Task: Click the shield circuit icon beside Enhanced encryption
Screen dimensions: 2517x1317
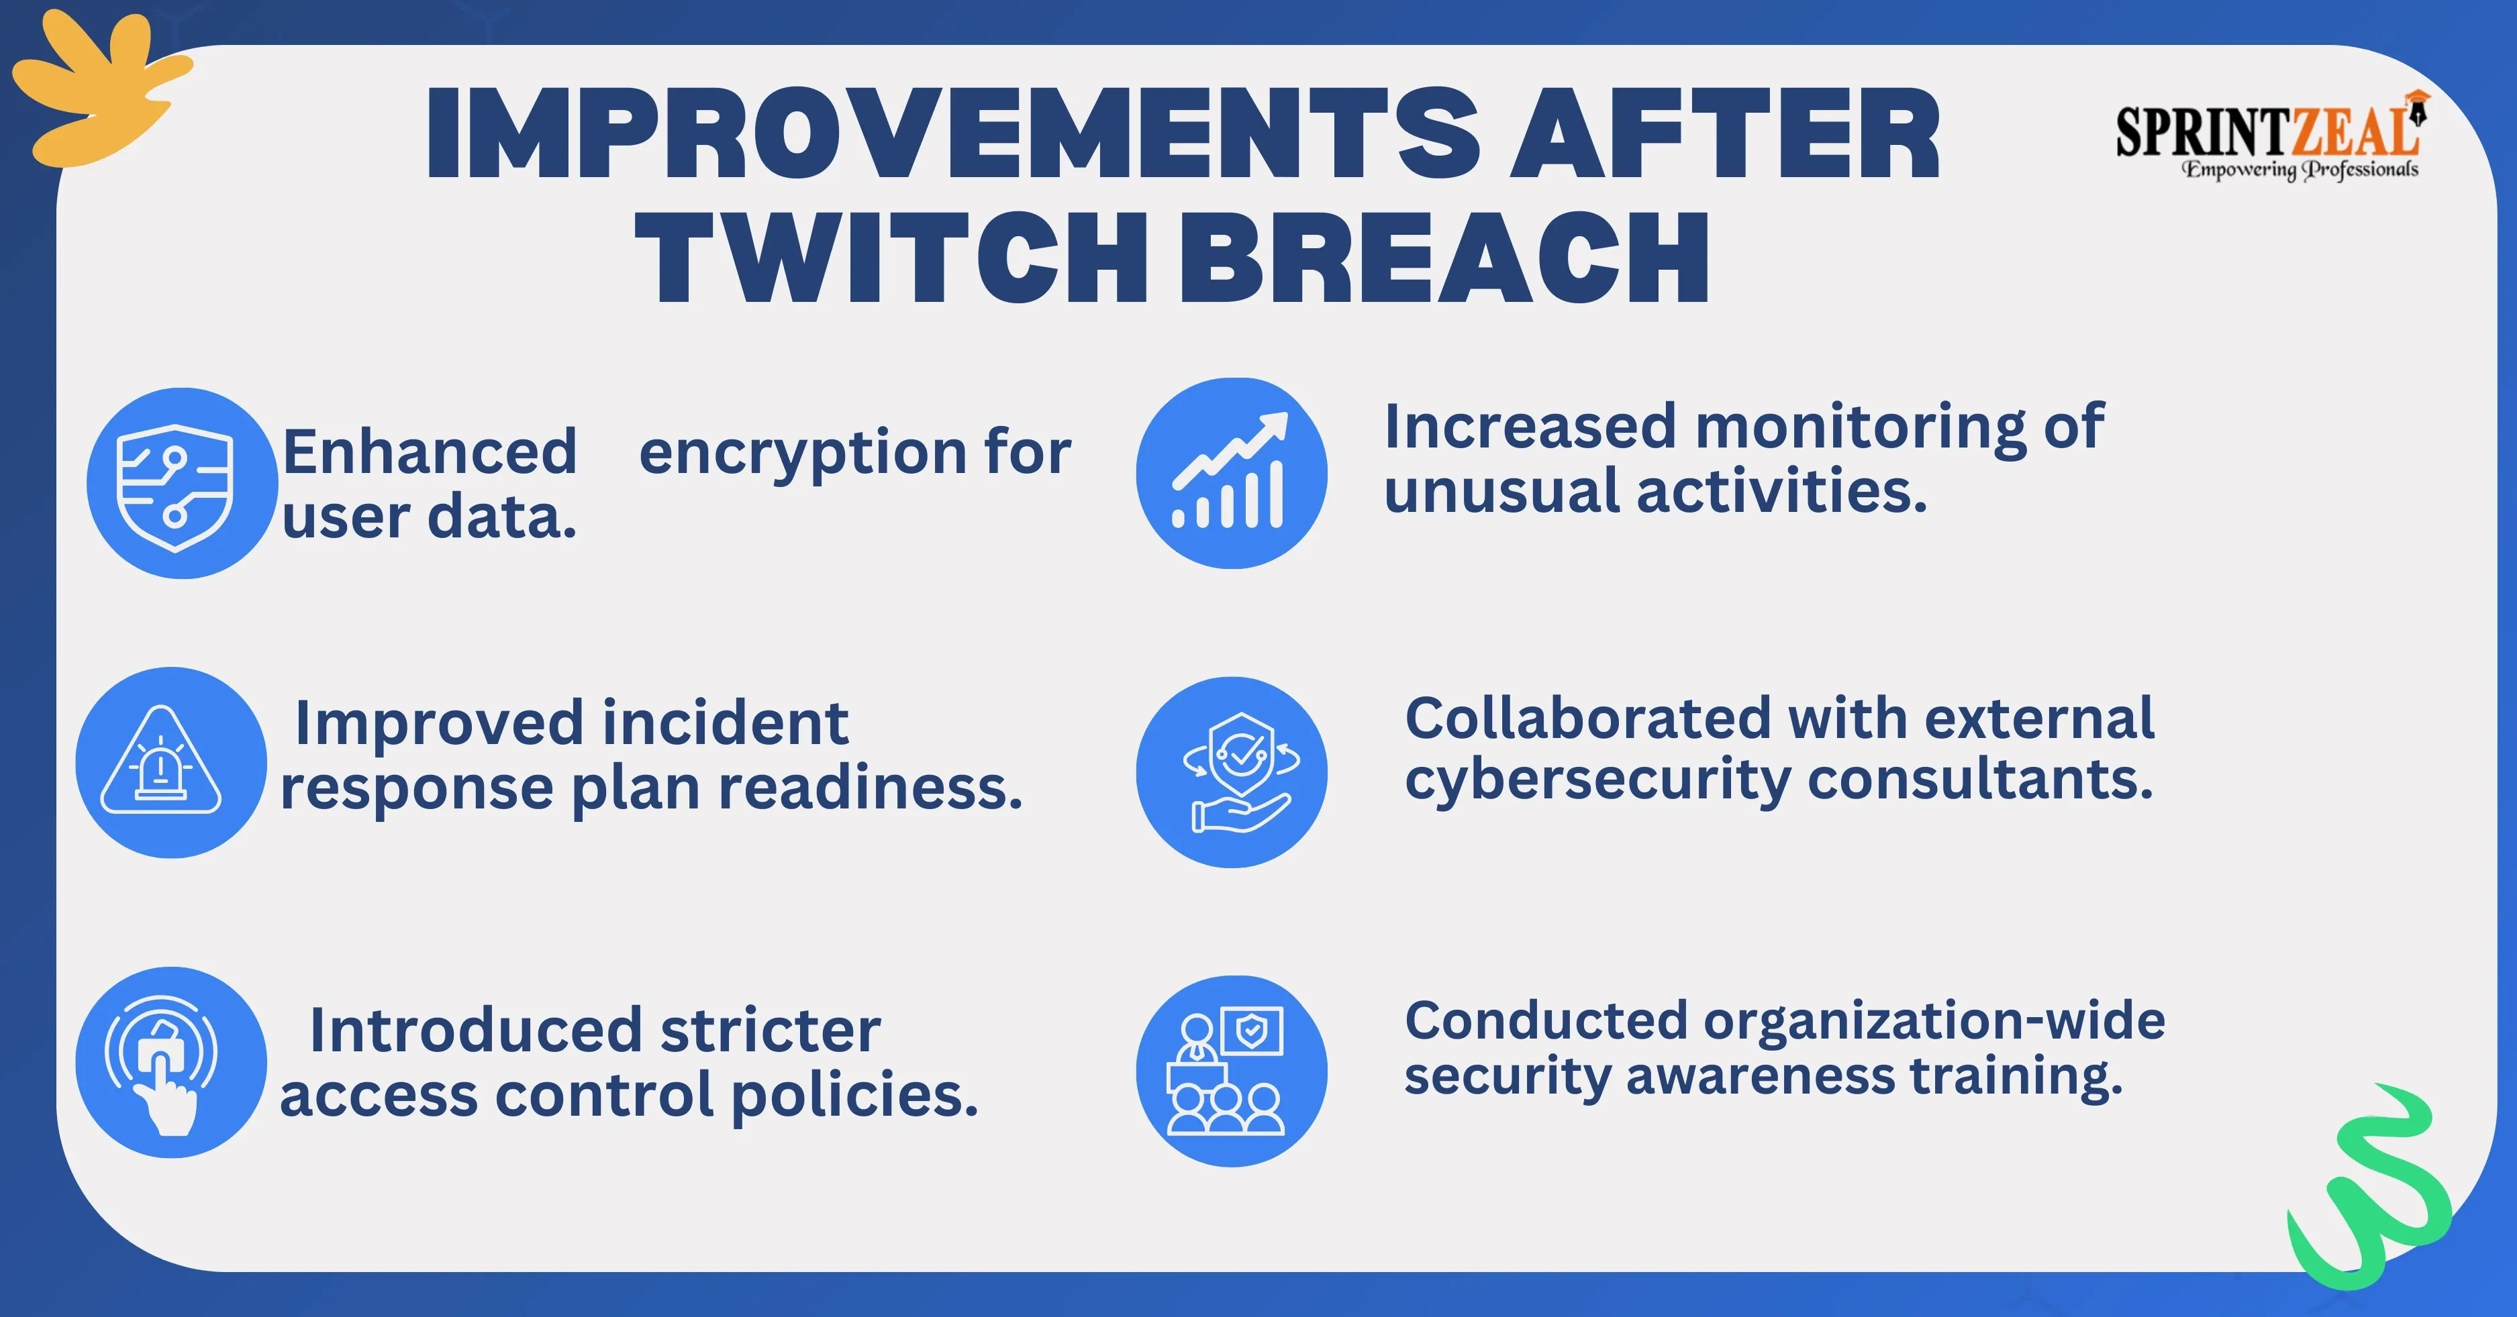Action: [182, 484]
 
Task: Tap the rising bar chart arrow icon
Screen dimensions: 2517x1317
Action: [1231, 473]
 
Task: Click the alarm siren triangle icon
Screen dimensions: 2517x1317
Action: [171, 762]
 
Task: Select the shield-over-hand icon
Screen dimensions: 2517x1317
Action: [1231, 772]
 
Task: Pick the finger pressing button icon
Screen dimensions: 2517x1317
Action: [171, 1062]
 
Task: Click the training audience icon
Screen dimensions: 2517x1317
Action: [1231, 1071]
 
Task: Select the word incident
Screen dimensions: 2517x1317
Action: [725, 723]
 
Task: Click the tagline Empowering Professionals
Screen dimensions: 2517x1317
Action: [2301, 170]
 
